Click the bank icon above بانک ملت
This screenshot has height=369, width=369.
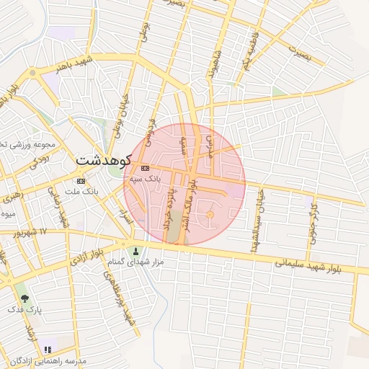pyautogui.click(x=81, y=181)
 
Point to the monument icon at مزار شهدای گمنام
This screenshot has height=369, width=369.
pyautogui.click(x=136, y=252)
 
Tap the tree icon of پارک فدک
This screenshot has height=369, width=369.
pyautogui.click(x=25, y=298)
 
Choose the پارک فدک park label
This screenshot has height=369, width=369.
pyautogui.click(x=25, y=309)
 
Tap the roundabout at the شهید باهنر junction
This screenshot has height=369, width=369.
pyautogui.click(x=32, y=73)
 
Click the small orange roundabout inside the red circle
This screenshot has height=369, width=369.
pyautogui.click(x=210, y=215)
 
